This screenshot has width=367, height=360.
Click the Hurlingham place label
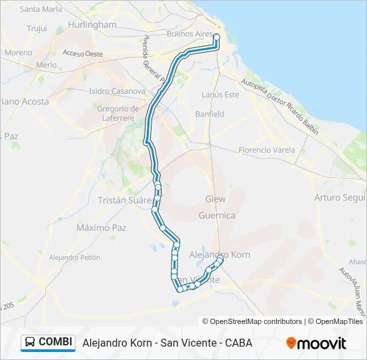[x=92, y=25]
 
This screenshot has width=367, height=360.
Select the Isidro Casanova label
[x=117, y=91]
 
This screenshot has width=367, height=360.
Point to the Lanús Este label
[x=220, y=95]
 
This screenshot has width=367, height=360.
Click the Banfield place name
[x=210, y=114]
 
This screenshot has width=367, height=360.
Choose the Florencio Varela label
[x=267, y=150]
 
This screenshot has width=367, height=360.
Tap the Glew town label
[x=216, y=199]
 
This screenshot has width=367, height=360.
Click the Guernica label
[x=217, y=215]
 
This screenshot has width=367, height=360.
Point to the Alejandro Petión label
[x=75, y=257]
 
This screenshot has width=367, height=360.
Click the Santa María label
[x=41, y=9]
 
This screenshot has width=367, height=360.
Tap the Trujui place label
[x=37, y=29]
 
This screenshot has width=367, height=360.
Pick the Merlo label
[x=47, y=65]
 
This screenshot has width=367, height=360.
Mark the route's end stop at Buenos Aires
[x=217, y=37]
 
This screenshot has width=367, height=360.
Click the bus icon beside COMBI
[x=30, y=342]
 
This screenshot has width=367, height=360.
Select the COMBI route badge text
[x=55, y=342]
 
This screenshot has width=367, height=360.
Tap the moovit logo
[x=316, y=343]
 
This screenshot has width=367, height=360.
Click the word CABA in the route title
[x=238, y=343]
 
